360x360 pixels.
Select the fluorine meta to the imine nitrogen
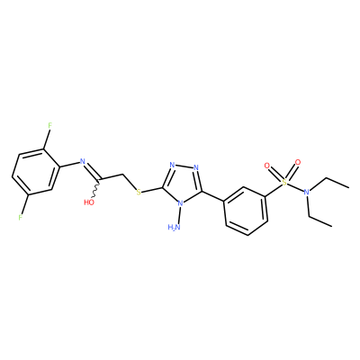[21, 217]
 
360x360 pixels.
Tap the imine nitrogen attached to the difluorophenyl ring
[83, 161]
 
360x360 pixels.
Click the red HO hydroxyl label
[89, 202]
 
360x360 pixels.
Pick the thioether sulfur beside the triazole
[139, 192]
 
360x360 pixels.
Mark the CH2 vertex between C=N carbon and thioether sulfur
[123, 174]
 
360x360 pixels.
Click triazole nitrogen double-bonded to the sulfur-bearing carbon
[172, 165]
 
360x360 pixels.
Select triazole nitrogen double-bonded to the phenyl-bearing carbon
[196, 167]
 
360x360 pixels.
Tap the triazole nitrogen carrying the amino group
[180, 203]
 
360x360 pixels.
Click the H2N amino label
[175, 227]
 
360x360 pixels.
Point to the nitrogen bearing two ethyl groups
[306, 192]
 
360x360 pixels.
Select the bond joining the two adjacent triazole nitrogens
[184, 166]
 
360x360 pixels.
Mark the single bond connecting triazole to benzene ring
[213, 196]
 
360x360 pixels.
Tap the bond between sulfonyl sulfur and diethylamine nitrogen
[295, 187]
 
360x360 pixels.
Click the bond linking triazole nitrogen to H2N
[178, 215]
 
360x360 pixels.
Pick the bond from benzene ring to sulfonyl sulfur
[274, 191]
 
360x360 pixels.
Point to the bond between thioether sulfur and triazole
[152, 190]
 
